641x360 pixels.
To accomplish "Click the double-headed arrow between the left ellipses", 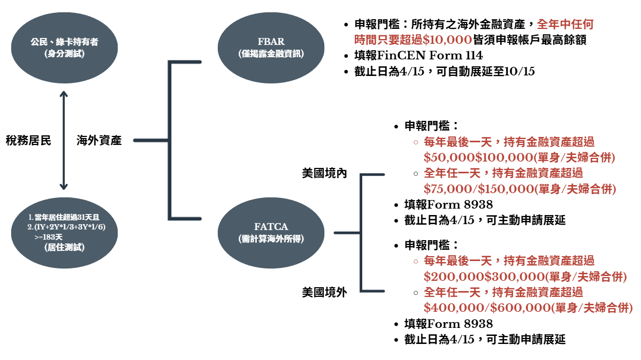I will tap(64, 140).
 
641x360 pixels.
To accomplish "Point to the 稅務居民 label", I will tap(28, 141).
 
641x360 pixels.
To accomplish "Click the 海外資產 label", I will tap(99, 141).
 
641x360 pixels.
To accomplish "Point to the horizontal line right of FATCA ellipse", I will tap(347, 233).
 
